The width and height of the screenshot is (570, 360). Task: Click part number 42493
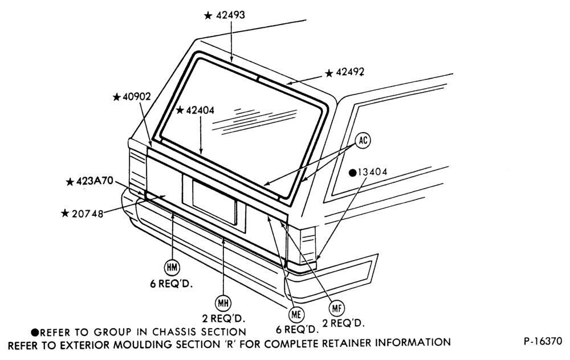coord(230,15)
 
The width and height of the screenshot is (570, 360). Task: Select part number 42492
coord(350,72)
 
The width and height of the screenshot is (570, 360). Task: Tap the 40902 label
coord(136,97)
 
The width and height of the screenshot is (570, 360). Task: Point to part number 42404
coord(200,110)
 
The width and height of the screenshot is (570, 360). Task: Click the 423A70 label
coord(95,181)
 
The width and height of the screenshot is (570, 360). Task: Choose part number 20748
coord(87,214)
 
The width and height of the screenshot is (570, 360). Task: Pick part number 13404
coord(373,172)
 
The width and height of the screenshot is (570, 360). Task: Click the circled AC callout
coord(363,140)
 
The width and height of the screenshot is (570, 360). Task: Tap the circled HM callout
coord(172,268)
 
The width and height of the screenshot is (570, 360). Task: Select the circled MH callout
coord(223,302)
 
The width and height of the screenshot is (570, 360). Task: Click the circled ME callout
coord(296,314)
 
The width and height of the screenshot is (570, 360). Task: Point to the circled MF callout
coord(337,308)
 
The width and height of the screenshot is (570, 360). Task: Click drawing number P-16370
coord(543,341)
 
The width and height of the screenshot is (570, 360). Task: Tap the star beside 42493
coord(208,15)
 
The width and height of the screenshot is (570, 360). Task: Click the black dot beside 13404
coord(353,173)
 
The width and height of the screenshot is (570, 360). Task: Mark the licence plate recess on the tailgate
coord(214,202)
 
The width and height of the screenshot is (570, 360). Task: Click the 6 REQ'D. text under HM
coord(171,284)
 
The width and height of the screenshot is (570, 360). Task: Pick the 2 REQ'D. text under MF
coord(343,323)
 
